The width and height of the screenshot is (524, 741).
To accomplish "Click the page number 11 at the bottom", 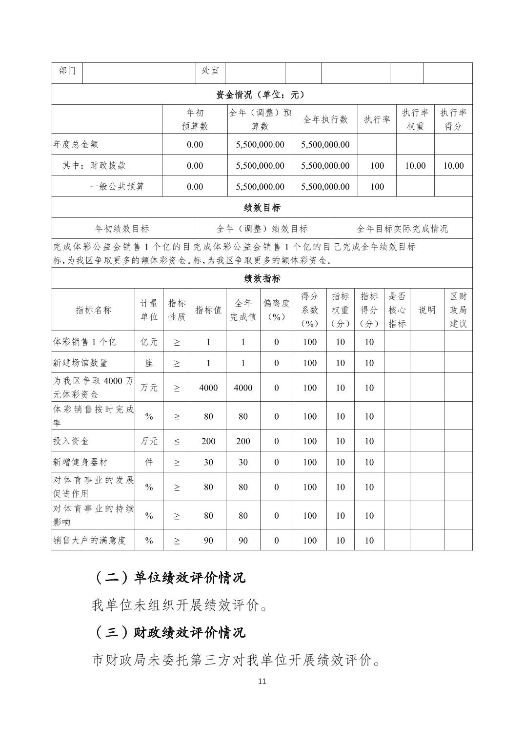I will [262, 681].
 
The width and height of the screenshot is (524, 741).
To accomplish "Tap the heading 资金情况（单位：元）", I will [262, 94].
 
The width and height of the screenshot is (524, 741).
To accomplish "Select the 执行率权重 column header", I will [415, 119].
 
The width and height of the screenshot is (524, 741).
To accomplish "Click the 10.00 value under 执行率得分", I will [453, 166].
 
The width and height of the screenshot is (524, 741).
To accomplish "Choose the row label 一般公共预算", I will [117, 187].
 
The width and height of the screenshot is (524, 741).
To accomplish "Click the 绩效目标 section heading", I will [262, 208].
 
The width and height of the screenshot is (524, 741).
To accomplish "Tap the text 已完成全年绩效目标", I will [375, 247].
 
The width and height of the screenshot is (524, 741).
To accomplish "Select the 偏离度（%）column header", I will [276, 310].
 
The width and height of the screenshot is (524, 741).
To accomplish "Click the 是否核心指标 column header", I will [397, 310].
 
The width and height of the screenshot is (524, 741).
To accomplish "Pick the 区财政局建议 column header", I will [458, 310].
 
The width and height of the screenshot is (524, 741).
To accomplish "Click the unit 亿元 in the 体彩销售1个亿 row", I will [149, 342].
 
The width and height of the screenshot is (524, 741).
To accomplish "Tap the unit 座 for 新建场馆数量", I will [149, 363].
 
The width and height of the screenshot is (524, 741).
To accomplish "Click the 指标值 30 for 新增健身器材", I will [208, 463].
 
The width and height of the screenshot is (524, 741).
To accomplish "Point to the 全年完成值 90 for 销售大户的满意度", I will [243, 541].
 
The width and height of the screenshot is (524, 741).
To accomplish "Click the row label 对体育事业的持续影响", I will [93, 516].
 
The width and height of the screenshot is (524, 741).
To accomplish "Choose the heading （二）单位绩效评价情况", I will [169, 578].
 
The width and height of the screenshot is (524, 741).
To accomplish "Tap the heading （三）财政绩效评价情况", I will [169, 633].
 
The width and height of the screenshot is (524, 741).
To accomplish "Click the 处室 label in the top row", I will [210, 71].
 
